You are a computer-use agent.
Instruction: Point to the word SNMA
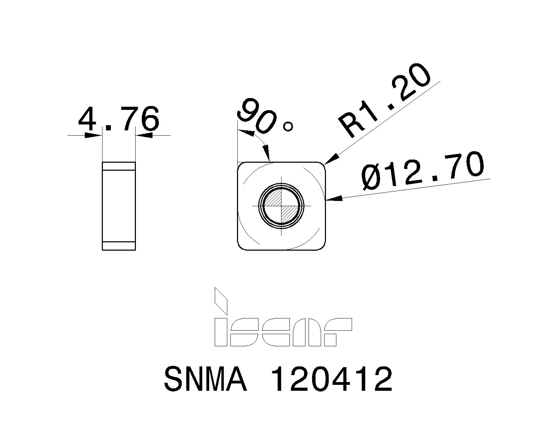point(205,379)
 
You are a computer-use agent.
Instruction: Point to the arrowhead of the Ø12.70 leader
point(334,199)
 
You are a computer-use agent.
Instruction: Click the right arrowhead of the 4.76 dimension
point(145,135)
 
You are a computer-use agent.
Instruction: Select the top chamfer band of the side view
point(118,166)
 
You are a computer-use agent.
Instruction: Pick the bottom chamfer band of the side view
point(118,245)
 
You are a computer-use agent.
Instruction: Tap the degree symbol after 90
point(288,127)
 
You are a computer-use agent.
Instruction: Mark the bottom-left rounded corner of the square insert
point(242,246)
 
